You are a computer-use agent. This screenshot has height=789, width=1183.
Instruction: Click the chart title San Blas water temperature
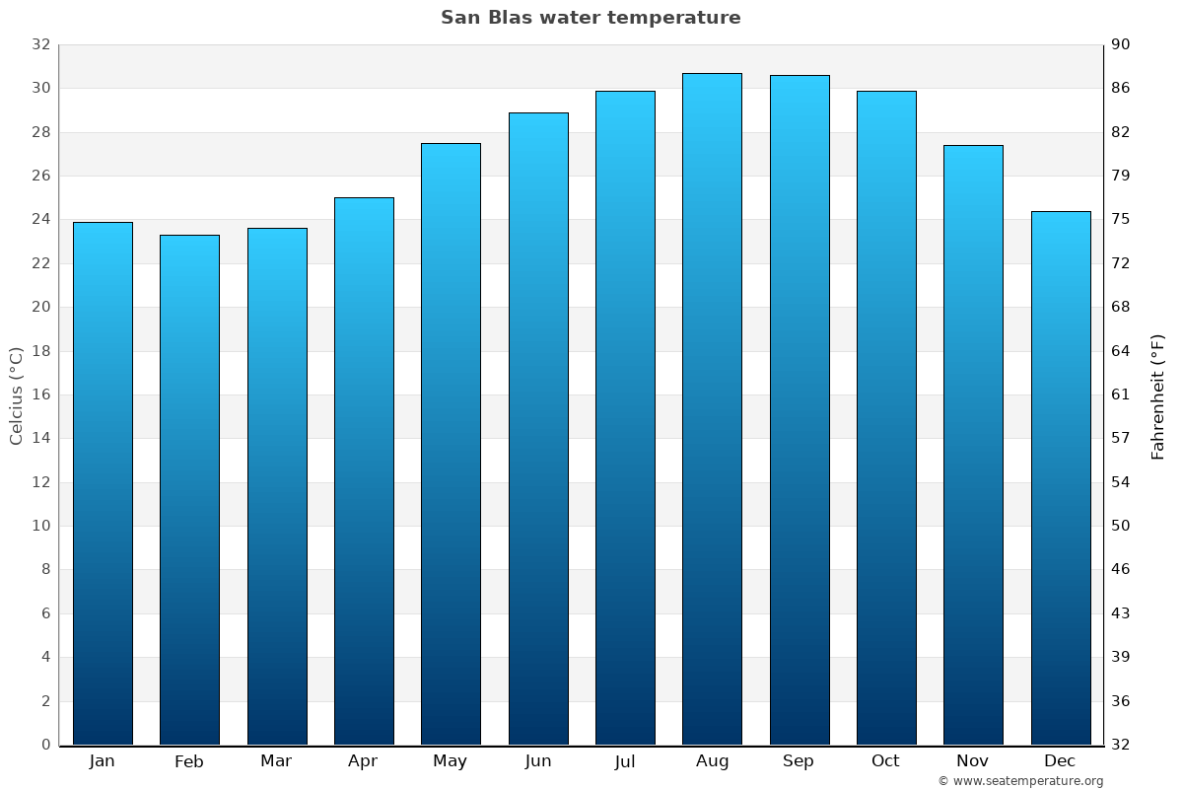tap(591, 18)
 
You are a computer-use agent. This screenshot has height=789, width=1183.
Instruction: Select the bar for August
tap(712, 409)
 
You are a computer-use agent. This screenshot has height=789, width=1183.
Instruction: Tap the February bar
tap(189, 490)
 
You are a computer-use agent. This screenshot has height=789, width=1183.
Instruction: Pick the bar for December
tap(1061, 478)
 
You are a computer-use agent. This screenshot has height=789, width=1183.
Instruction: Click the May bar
tap(451, 444)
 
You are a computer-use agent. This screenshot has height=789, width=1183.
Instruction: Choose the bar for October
tap(886, 418)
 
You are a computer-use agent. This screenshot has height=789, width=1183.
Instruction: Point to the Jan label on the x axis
tap(102, 761)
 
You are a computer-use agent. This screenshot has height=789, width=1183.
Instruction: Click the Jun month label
tap(538, 761)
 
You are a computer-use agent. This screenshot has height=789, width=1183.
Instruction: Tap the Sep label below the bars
tap(799, 761)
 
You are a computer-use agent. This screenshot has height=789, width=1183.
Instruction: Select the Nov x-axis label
tap(973, 761)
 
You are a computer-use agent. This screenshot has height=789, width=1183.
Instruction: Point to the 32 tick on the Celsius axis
tap(40, 44)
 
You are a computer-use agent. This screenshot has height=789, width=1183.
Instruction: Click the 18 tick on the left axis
tap(40, 351)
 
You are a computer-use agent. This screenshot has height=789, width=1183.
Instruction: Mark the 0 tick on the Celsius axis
tap(45, 745)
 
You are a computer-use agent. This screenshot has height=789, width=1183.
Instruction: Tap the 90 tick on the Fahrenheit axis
tap(1122, 44)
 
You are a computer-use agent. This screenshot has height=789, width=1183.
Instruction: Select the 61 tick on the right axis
tap(1122, 394)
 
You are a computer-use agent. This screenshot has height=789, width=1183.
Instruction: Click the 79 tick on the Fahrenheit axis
tap(1122, 176)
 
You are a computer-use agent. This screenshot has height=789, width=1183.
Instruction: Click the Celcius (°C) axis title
tap(17, 395)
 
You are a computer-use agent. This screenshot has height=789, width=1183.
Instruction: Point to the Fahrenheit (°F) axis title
tap(1157, 395)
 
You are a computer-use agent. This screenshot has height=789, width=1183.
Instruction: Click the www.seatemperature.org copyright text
tap(1020, 781)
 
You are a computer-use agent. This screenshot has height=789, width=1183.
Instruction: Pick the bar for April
tap(364, 471)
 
